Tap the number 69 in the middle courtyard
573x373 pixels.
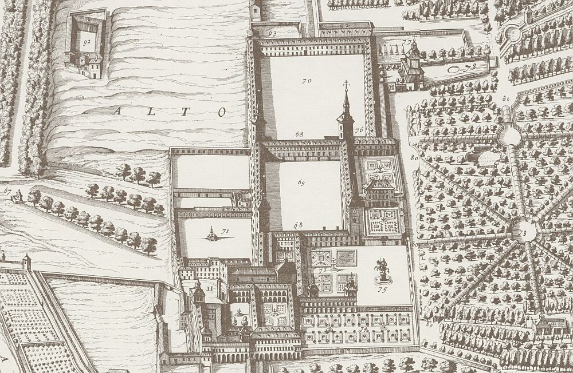pyautogui.click(x=302, y=182)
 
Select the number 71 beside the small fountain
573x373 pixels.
pyautogui.click(x=225, y=231)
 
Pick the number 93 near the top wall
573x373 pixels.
pyautogui.click(x=272, y=34)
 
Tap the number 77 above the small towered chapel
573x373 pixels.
pyautogui.click(x=407, y=42)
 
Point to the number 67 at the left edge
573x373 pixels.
pyautogui.click(x=7, y=191)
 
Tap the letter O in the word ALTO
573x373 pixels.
pyautogui.click(x=221, y=112)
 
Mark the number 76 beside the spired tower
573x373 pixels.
pyautogui.click(x=359, y=131)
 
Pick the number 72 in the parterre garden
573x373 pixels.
pyautogui.click(x=323, y=270)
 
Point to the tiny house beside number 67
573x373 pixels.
pyautogui.click(x=17, y=197)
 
